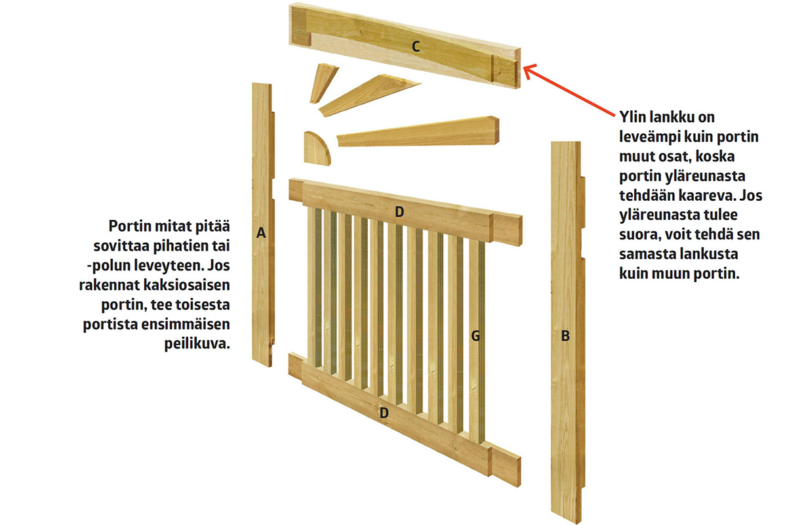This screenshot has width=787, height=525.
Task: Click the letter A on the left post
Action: pos(261,232)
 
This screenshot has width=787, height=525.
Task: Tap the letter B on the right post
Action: pos(565,336)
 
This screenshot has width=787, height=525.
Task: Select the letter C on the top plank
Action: pos(416,47)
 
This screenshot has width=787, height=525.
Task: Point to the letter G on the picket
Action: pos(475,336)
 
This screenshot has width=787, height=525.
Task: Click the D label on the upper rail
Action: pos(399,212)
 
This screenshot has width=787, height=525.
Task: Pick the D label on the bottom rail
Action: pos(384,413)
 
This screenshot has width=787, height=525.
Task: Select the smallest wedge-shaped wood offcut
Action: pos(323,83)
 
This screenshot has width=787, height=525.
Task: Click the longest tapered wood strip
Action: pos(418,131)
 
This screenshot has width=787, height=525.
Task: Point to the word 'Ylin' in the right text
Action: pos(632,117)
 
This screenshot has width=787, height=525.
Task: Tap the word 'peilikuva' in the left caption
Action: pos(197,344)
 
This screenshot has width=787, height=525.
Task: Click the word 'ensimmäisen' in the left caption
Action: pos(186,325)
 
